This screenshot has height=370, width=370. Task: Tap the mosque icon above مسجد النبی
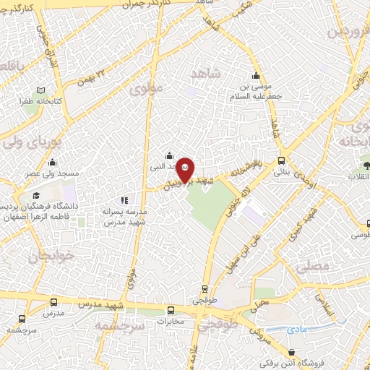click(169, 155)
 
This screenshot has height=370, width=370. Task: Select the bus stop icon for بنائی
click(281, 161)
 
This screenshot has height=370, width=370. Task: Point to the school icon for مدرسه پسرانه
click(124, 200)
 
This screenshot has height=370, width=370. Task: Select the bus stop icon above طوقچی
click(205, 288)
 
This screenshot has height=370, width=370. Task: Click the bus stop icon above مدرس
click(52, 302)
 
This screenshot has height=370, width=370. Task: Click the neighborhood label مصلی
click(312, 266)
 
